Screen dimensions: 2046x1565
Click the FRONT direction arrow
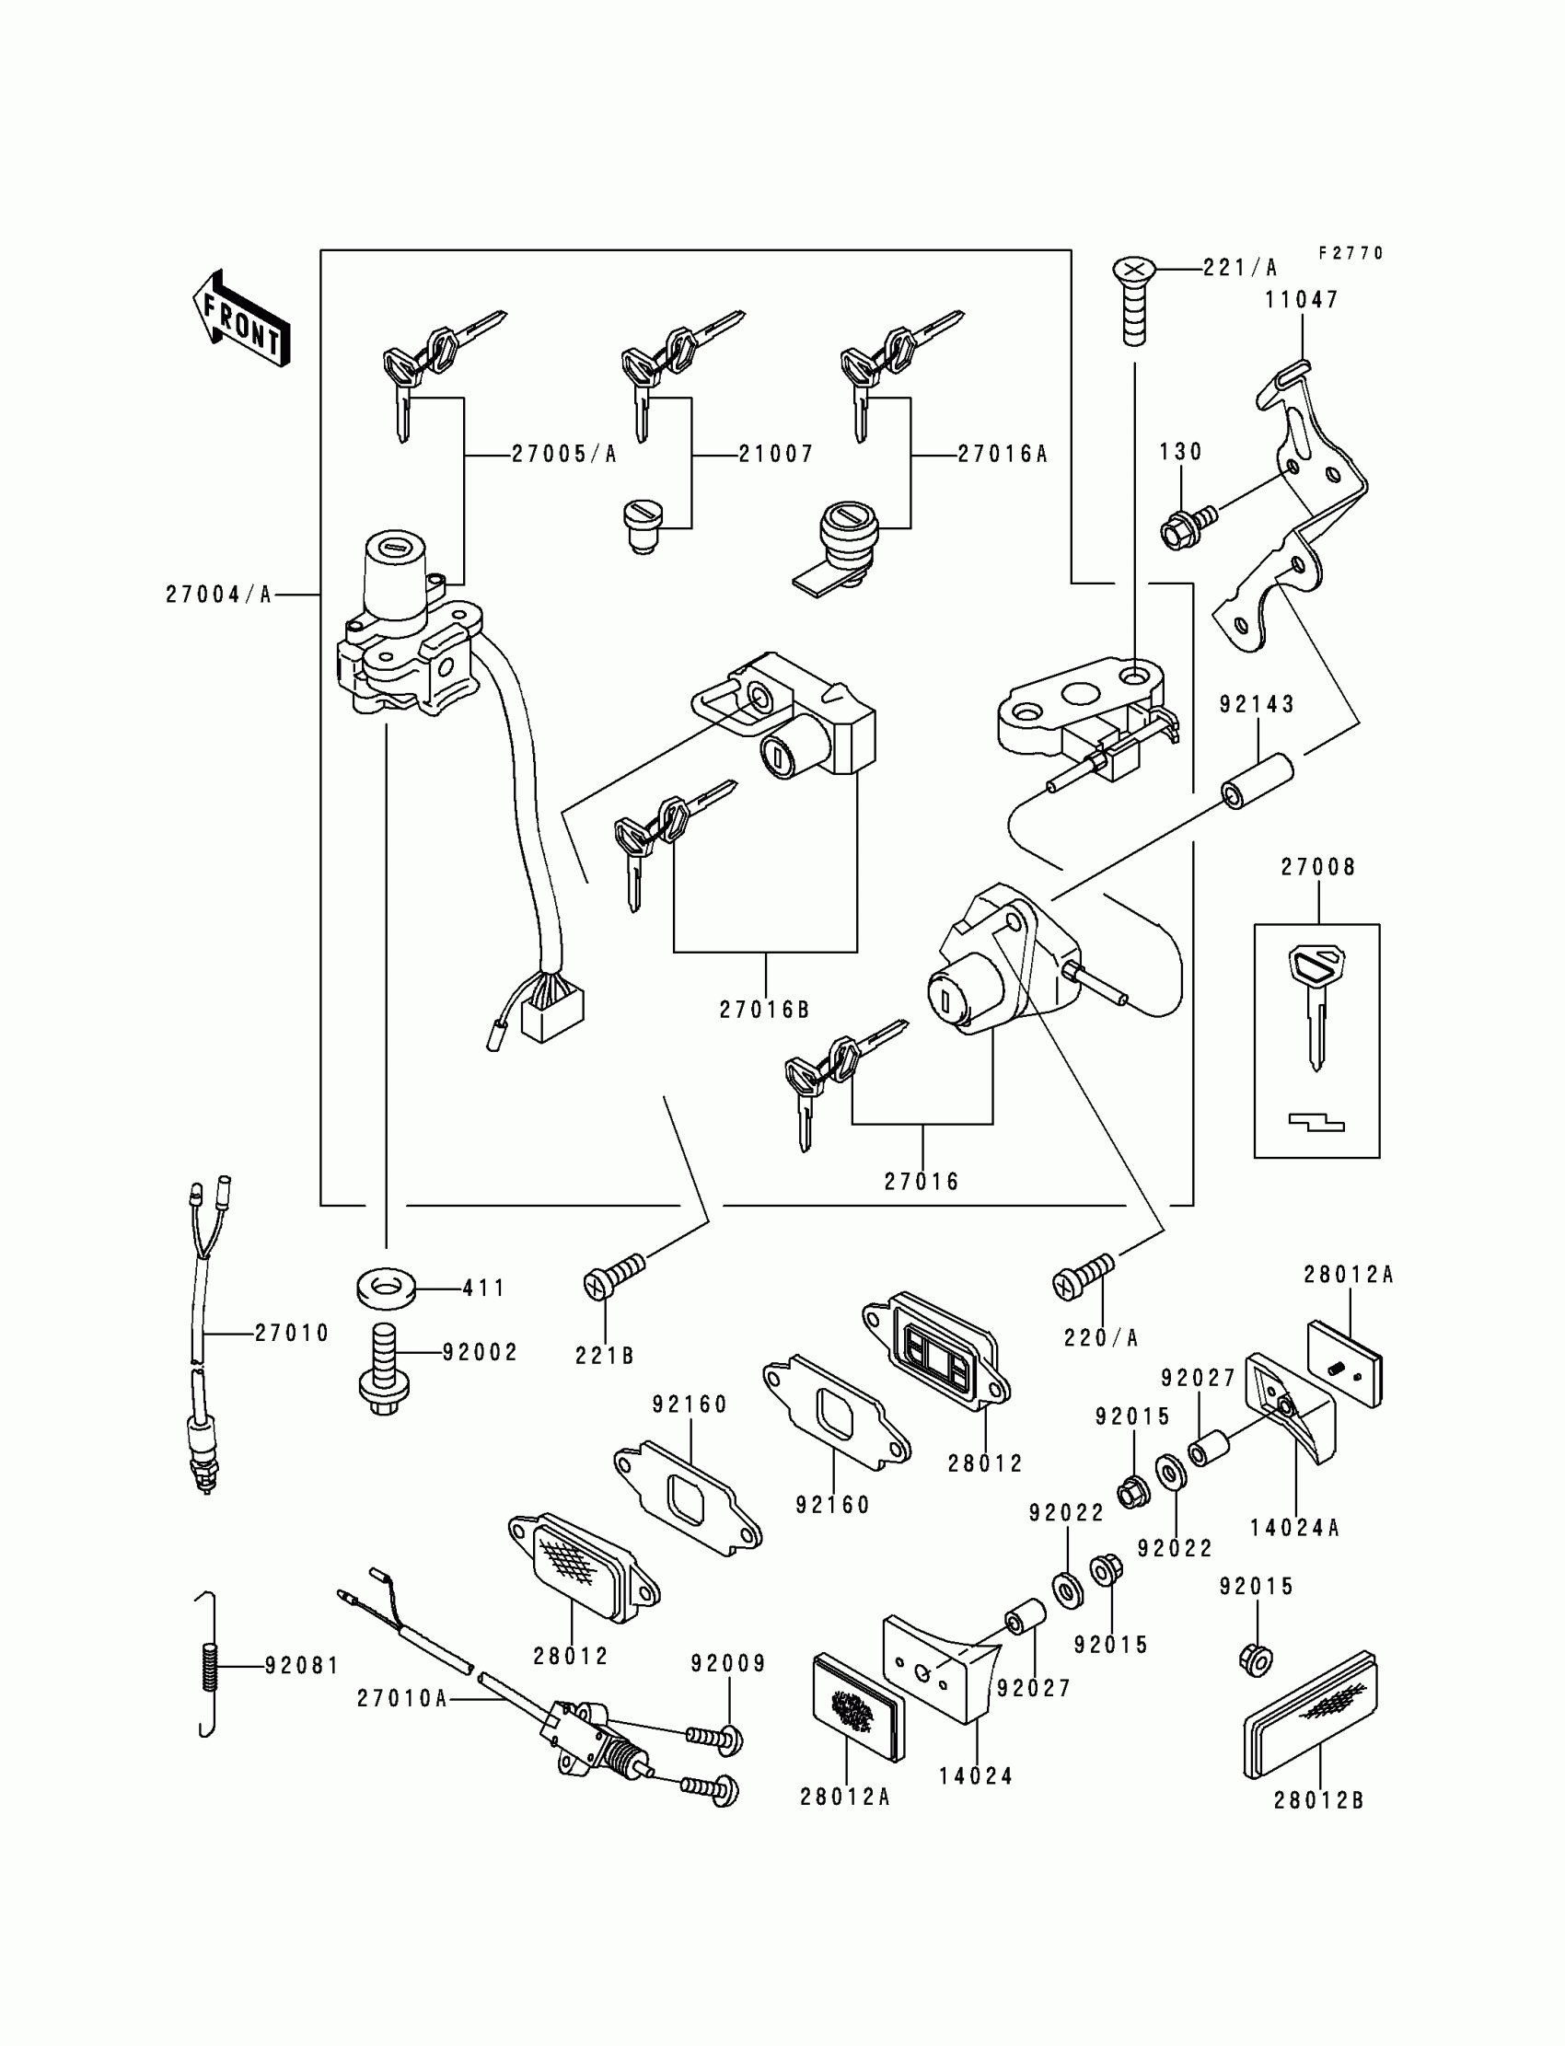pos(241,319)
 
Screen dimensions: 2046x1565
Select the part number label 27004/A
pos(219,595)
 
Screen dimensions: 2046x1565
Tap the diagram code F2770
pos(1351,253)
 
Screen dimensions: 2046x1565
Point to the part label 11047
pos(1302,300)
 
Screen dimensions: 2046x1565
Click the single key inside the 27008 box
pos(1316,1002)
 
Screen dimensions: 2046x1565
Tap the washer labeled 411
pos(385,1289)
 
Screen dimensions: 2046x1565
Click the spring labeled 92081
pos(211,1664)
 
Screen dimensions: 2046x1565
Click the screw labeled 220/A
pos(1083,1275)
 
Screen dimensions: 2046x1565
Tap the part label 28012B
pos(1318,1801)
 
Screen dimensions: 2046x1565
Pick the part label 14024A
pos(1294,1527)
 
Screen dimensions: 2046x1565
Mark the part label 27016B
pos(764,1010)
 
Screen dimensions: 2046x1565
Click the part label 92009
pos(728,1663)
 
